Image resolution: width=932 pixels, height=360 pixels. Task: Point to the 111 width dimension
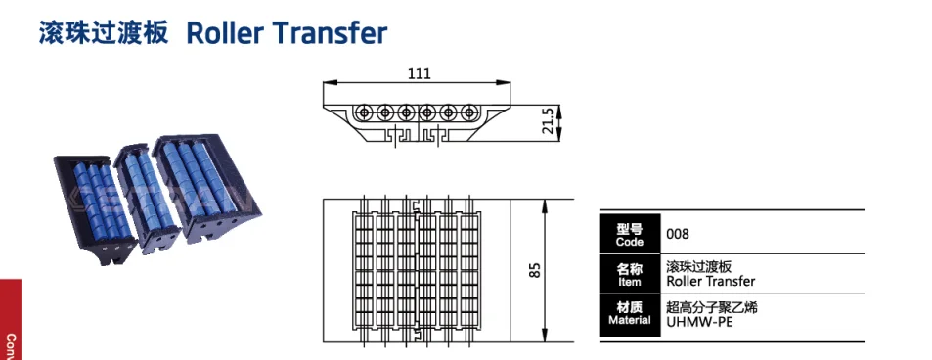419,73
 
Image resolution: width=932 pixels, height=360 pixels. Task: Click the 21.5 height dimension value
548,121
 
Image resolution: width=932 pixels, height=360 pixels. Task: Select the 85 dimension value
534,270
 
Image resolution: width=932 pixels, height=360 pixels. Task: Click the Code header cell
631,235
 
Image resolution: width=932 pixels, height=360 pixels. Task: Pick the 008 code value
678,235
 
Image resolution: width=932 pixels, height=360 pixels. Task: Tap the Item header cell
631,274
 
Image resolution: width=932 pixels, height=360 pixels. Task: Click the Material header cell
631,313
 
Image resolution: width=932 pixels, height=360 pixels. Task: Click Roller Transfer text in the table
710,282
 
